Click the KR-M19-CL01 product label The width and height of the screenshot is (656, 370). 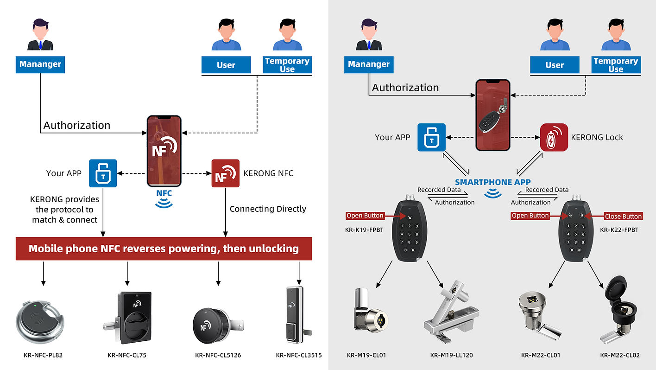(x=366, y=356)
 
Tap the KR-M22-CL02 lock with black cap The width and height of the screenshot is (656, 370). (x=621, y=311)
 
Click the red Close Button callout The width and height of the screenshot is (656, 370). (x=623, y=216)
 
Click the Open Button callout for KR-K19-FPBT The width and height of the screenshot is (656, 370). (x=365, y=216)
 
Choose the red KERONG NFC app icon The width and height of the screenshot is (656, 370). (x=225, y=173)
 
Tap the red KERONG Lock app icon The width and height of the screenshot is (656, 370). (x=554, y=137)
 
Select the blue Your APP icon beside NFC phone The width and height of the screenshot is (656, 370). (x=103, y=173)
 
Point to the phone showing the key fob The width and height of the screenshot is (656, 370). (x=493, y=115)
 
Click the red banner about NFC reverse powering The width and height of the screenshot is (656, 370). (x=164, y=249)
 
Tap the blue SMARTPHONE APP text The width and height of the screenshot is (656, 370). (x=492, y=182)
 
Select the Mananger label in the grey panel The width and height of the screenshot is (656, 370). (x=369, y=64)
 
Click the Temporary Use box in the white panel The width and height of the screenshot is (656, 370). (x=287, y=65)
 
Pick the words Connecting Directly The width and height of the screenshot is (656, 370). (x=268, y=209)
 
